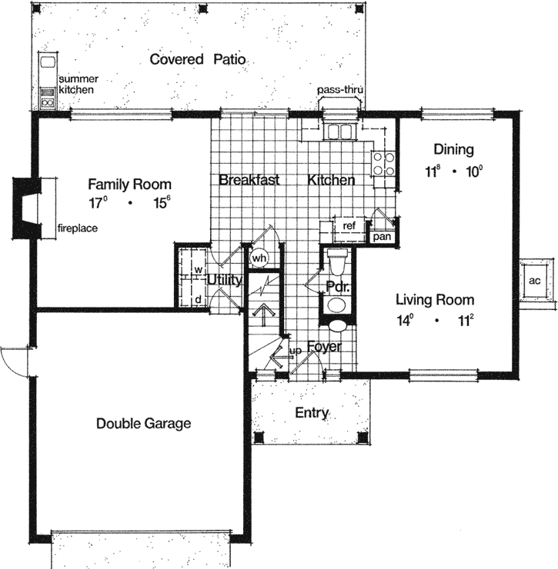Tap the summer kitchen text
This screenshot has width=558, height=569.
coord(77,85)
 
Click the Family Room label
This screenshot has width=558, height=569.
coord(129,185)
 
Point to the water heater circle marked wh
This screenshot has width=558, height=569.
coord(258,258)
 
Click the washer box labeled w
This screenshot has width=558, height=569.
coord(198,270)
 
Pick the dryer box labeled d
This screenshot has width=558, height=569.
coord(198,298)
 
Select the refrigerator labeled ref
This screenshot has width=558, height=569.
coord(349,226)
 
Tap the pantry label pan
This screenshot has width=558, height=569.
coord(381,237)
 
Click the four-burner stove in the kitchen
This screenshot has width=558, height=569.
coord(383,164)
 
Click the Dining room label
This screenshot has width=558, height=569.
coord(453,149)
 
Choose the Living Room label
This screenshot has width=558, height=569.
coord(435,300)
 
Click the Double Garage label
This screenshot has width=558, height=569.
coord(144,423)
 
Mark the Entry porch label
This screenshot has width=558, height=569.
coord(312,413)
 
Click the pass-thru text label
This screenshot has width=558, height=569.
coord(339,90)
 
